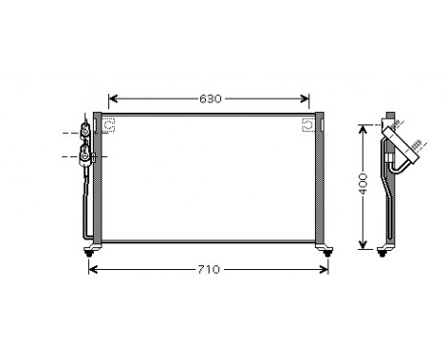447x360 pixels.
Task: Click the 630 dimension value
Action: pyautogui.click(x=210, y=99)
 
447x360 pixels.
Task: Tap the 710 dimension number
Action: pyautogui.click(x=208, y=269)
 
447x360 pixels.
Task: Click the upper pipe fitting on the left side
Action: pyautogui.click(x=86, y=132)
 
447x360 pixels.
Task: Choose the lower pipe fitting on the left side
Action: pyautogui.click(x=86, y=155)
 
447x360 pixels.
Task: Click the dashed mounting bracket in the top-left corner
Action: pyautogui.click(x=108, y=124)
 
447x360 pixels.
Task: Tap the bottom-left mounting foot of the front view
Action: pyautogui.click(x=92, y=251)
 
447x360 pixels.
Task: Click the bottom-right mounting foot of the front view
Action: pyautogui.click(x=327, y=251)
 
